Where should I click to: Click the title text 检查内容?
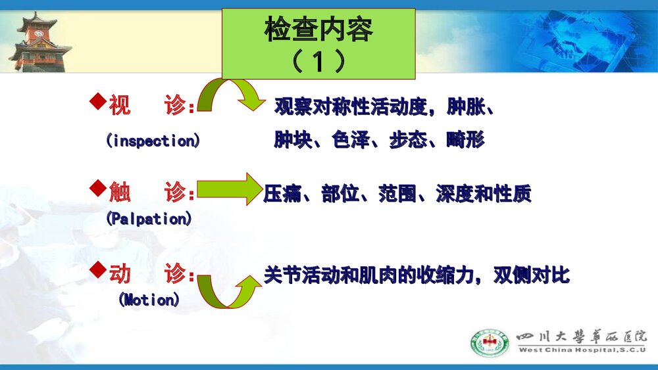pos(318,30)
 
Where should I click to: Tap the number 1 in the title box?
pos(318,62)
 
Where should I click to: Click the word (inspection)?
pos(153,141)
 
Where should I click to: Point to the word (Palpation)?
pos(149,219)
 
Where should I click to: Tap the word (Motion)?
pos(149,300)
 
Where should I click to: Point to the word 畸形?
pos(465,140)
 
